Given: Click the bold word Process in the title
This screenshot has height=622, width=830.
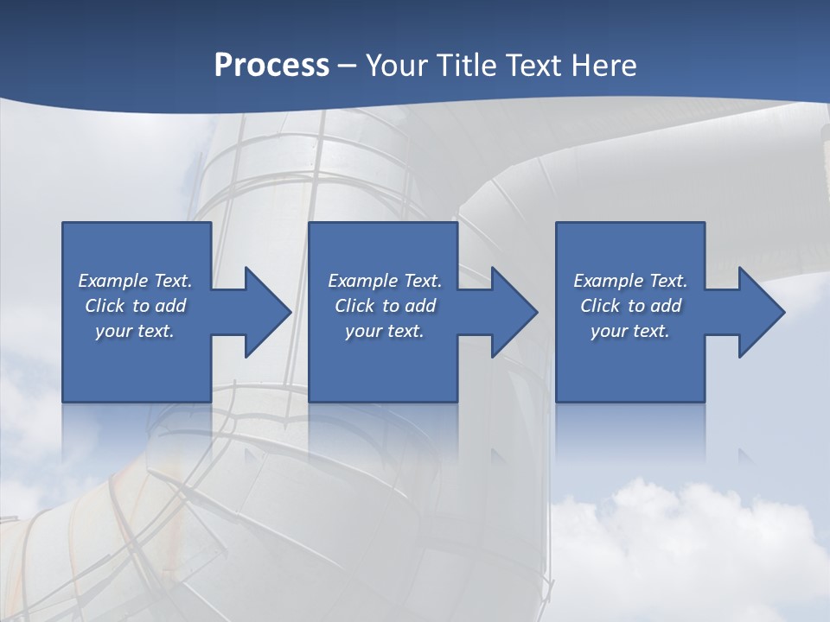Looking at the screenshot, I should tap(271, 65).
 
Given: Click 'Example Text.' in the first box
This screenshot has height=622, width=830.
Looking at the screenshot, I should tap(135, 281).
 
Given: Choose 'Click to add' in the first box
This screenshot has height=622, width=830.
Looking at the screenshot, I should tap(135, 306).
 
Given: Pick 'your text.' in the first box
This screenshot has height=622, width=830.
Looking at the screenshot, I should tap(135, 331).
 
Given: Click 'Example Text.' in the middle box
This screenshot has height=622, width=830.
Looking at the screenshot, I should tap(384, 281).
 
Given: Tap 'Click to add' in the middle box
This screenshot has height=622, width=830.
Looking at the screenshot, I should tap(384, 306).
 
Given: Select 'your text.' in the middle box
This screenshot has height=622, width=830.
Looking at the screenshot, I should tap(384, 331).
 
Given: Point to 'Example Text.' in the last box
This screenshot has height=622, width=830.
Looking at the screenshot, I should tap(630, 281).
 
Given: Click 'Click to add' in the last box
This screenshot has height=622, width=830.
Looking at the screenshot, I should tap(630, 306).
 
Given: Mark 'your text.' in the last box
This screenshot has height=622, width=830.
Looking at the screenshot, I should tap(630, 331).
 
